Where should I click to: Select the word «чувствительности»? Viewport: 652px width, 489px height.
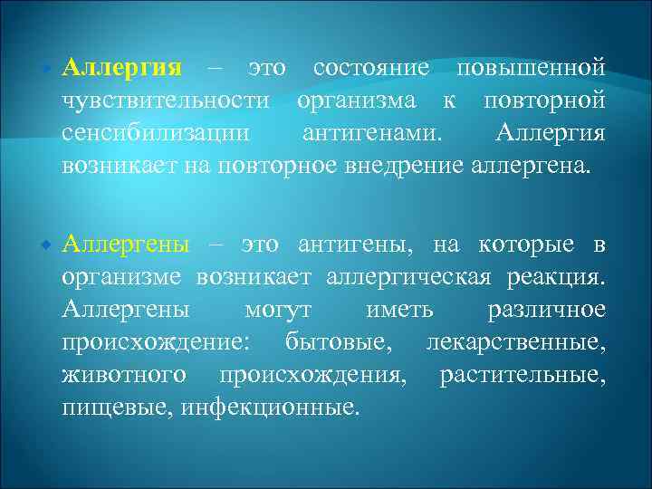(167, 101)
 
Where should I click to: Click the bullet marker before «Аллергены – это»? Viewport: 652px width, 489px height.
(47, 245)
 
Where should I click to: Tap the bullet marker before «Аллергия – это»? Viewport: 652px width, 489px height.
(47, 69)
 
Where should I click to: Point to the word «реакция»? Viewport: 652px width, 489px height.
(556, 277)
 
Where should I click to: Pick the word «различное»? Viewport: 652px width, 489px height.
(546, 310)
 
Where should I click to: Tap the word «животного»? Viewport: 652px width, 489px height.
(124, 375)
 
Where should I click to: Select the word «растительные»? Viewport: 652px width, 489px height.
(522, 375)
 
